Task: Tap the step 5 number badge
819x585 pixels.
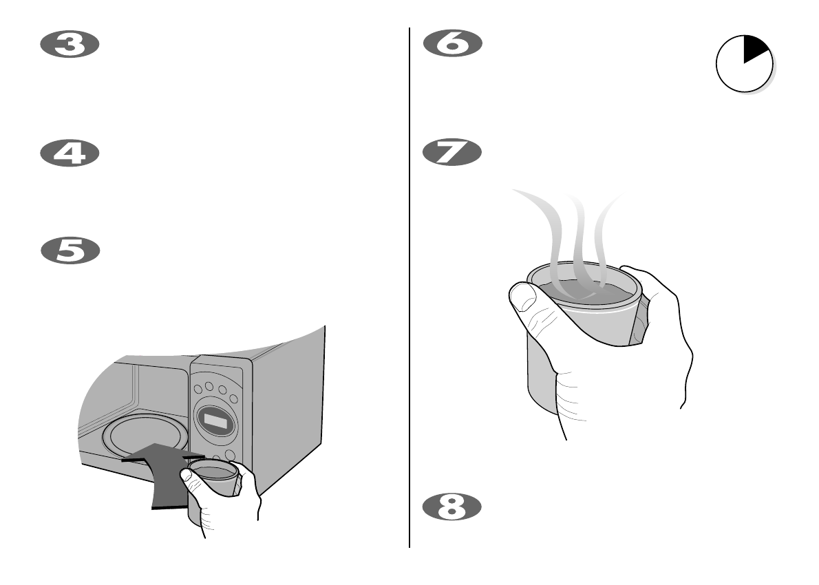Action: click(x=70, y=251)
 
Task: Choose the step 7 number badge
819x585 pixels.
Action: click(x=452, y=153)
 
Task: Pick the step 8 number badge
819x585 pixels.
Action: click(x=452, y=507)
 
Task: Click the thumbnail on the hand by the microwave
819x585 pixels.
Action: click(x=187, y=476)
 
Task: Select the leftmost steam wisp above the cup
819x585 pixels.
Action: click(x=544, y=220)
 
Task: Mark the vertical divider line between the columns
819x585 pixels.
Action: click(x=410, y=289)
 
